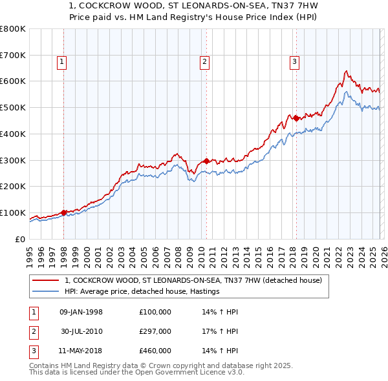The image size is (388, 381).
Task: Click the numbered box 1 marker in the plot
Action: [61, 63]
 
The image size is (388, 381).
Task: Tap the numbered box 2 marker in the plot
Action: [204, 63]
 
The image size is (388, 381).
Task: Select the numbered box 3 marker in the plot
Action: [294, 63]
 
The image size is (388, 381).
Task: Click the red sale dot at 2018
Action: [296, 118]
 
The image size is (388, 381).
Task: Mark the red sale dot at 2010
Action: [206, 161]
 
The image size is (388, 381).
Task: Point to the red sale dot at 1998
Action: [64, 212]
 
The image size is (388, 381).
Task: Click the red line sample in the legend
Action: [46, 280]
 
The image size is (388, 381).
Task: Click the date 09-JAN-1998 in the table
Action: [81, 313]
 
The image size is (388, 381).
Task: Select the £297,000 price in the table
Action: [155, 331]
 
